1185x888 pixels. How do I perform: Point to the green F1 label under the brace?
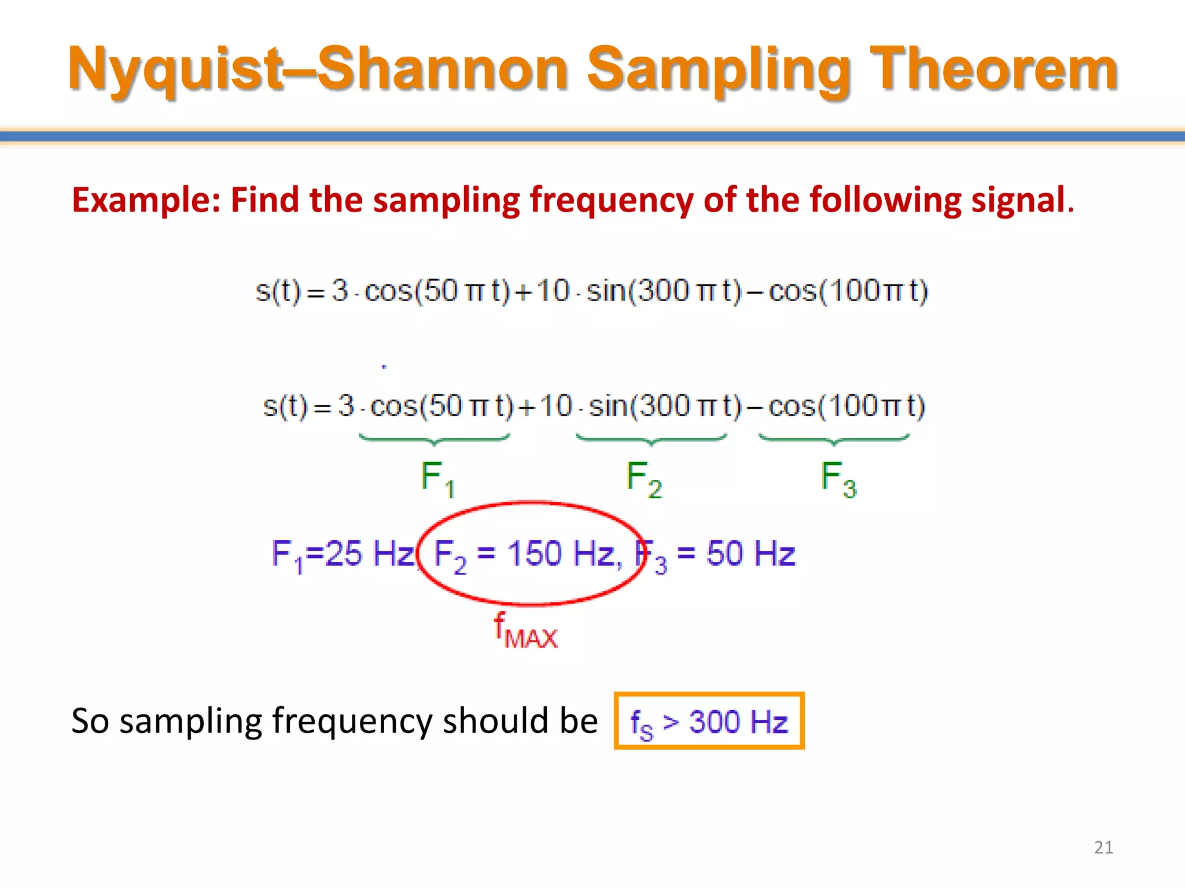tap(437, 479)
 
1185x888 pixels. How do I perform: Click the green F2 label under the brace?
tap(643, 479)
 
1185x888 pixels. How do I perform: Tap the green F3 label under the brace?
tap(838, 479)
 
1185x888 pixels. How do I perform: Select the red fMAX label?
tap(525, 631)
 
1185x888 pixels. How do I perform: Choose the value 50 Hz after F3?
tap(750, 554)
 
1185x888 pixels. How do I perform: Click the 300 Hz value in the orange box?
tap(738, 722)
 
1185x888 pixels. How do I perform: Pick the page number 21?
tap(1103, 848)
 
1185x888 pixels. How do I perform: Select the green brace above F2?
tap(651, 440)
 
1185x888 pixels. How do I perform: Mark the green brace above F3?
tap(834, 440)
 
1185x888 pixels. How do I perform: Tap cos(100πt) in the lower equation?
tap(847, 406)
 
